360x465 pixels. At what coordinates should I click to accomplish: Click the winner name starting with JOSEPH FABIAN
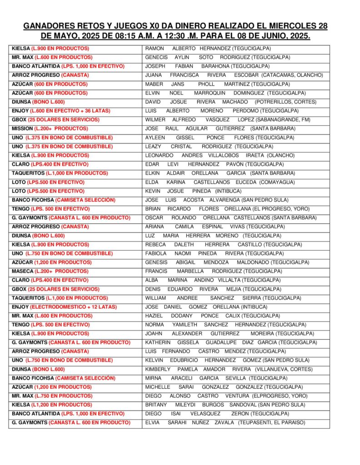tap(207, 66)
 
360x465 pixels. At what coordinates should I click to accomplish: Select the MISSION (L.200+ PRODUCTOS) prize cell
tap(50, 129)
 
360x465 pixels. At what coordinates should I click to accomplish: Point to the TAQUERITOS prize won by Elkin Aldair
tap(60, 173)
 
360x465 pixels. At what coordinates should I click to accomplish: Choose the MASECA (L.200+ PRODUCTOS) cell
tap(50, 271)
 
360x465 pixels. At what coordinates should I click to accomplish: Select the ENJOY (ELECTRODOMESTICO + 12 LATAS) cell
tap(64, 307)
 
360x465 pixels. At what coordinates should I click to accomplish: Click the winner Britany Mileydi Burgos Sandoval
tap(225, 405)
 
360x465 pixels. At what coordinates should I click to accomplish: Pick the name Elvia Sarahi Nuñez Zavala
tap(225, 422)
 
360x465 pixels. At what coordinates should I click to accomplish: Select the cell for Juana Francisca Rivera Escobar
tap(234, 75)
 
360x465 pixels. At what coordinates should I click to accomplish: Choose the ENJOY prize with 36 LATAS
tap(61, 111)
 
